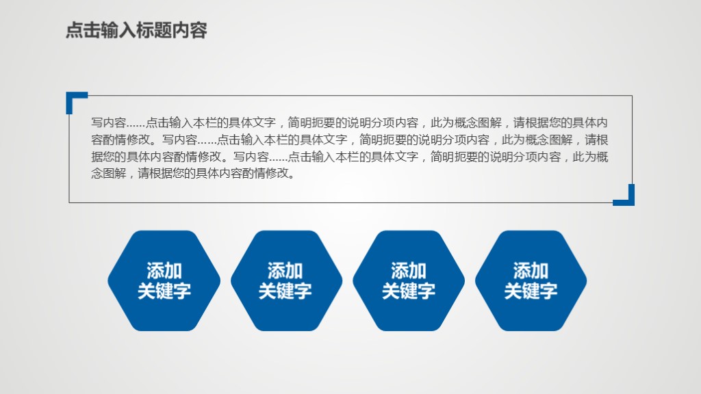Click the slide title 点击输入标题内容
[136, 31]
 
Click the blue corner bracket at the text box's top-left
[75, 99]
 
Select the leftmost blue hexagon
[164, 280]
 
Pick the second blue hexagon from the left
[286, 280]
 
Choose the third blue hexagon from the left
[409, 280]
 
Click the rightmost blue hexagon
[531, 280]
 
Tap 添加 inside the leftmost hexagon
[164, 271]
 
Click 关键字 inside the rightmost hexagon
[531, 291]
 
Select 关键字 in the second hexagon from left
[285, 291]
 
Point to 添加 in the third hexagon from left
[409, 271]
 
